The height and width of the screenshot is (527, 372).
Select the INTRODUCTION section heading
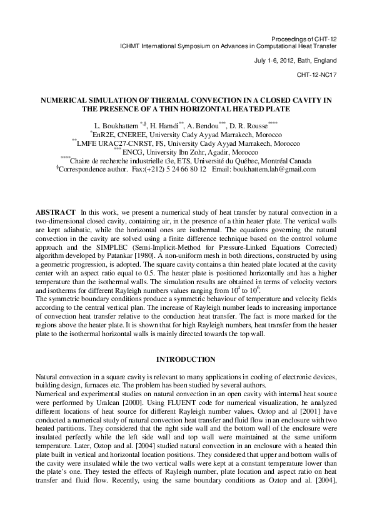[186, 359]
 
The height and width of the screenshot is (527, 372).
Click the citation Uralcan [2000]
[135, 388]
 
